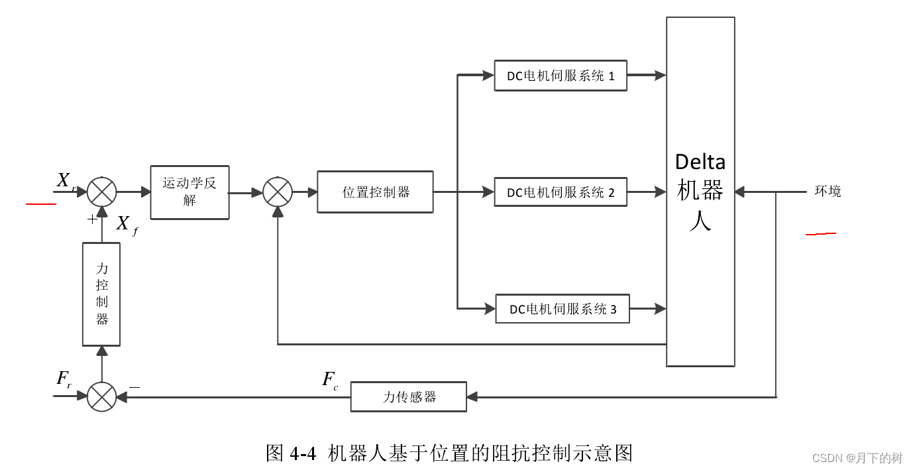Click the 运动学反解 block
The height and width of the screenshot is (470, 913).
coord(189,192)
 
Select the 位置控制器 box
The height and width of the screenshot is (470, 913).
coord(375,192)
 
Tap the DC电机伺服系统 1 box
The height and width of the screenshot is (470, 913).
coord(561,76)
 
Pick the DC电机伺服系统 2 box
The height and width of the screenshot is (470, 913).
coord(561,192)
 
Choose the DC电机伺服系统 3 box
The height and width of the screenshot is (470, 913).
coord(563,309)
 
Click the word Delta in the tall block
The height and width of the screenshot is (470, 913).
coord(700,162)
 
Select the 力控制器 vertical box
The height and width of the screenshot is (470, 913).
coord(101,294)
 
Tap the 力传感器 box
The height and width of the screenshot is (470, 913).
coord(408,397)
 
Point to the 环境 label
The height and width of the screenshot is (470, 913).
coord(828,192)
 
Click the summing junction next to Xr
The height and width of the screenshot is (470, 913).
coord(101,192)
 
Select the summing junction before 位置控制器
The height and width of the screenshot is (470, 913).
coord(278,192)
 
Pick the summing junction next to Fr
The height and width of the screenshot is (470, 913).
coord(101,397)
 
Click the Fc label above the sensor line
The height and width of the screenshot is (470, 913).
coord(329,381)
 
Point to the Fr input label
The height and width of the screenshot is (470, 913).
coord(64,380)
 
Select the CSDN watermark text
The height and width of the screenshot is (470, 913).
coord(857,458)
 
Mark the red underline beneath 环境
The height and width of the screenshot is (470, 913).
coord(820,234)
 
